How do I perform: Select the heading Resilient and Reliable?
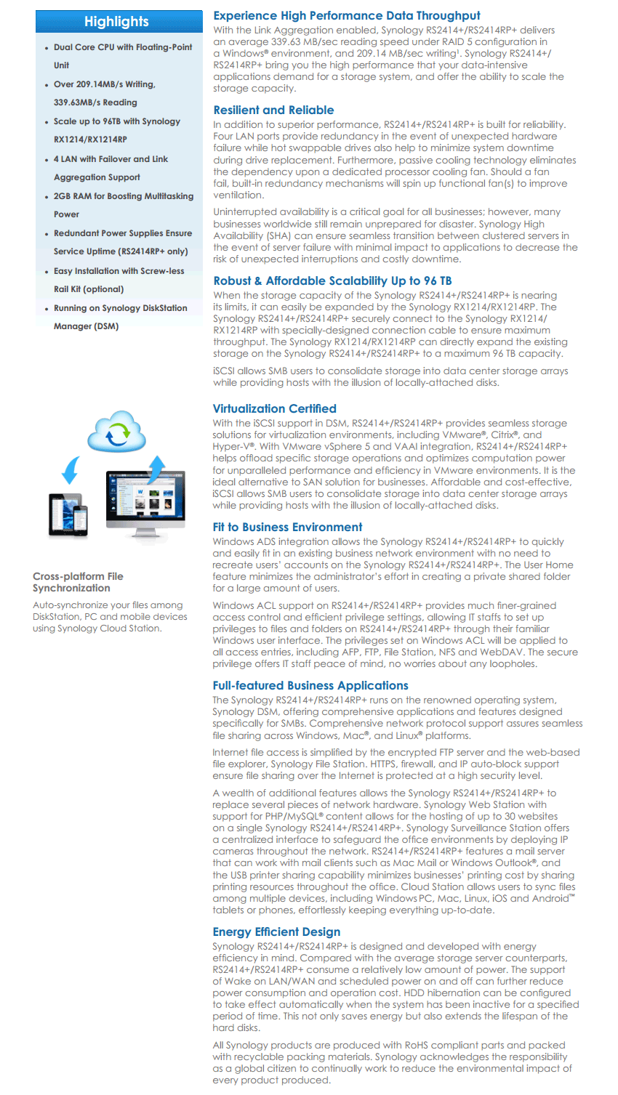pos(273,110)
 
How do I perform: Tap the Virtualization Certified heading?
pos(274,409)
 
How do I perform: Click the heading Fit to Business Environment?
pos(287,528)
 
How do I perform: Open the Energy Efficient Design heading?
pos(276,932)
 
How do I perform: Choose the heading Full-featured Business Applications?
pos(310,686)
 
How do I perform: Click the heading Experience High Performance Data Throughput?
pos(347,16)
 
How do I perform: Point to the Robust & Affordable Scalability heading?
pos(332,281)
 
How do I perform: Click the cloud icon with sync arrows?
pos(116,433)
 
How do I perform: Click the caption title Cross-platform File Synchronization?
pos(78,582)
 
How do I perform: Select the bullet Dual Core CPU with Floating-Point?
pos(123,47)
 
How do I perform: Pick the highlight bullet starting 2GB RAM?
pos(124,196)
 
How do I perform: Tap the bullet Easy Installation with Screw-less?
pos(119,271)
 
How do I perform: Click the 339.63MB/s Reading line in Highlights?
pos(95,102)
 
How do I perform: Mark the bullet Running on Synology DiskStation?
pos(120,308)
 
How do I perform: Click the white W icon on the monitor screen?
pos(140,492)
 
